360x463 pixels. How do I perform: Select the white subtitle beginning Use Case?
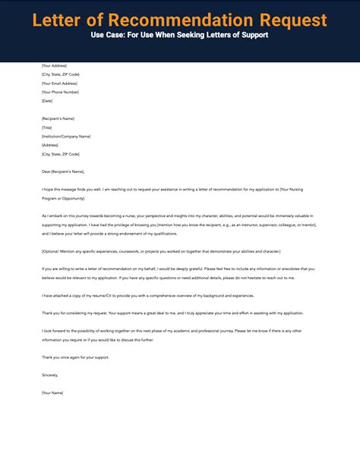point(180,36)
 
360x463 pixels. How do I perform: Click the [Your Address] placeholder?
point(55,66)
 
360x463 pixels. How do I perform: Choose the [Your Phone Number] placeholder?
point(61,92)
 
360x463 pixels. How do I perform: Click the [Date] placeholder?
point(48,100)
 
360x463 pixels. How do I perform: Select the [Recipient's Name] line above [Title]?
point(59,118)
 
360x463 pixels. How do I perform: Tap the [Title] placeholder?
point(48,128)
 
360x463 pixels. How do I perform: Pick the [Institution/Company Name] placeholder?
point(66,136)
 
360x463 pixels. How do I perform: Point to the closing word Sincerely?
point(51,374)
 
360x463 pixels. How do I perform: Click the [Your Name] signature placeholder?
point(53,392)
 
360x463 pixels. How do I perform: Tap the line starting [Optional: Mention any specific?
point(161,250)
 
